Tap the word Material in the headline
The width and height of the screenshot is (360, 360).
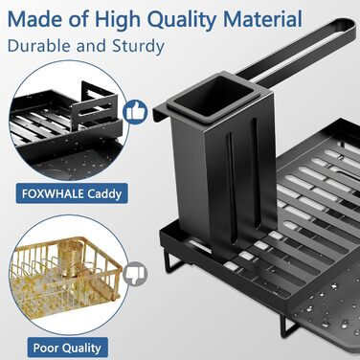click(x=262, y=19)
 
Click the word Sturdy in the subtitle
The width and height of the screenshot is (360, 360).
click(x=138, y=46)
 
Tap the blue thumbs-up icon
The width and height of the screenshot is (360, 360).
click(x=135, y=112)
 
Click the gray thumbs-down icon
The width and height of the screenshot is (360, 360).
click(x=135, y=273)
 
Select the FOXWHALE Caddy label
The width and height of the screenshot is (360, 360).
click(x=72, y=193)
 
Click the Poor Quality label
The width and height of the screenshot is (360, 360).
click(x=67, y=348)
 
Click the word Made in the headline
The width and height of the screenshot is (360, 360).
click(x=31, y=19)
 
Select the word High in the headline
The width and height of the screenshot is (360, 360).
click(x=118, y=20)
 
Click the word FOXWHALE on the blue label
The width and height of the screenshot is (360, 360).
click(x=53, y=193)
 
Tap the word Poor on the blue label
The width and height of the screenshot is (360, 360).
click(x=46, y=348)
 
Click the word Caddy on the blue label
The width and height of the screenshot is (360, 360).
click(x=104, y=194)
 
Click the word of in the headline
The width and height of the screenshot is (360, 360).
click(x=75, y=19)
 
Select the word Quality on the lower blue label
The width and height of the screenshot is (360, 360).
click(x=81, y=349)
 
